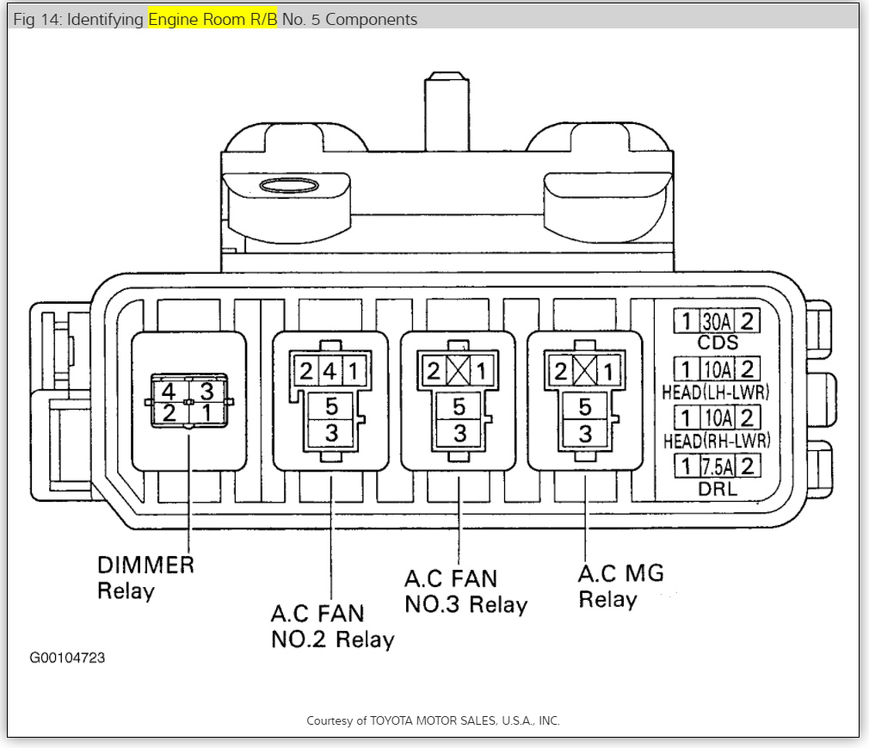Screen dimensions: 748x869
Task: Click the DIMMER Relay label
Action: point(145,578)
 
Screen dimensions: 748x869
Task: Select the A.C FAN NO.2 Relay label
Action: point(331,626)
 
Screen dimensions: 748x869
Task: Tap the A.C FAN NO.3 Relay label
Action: point(465,590)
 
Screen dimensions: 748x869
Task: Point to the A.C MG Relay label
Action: point(619,585)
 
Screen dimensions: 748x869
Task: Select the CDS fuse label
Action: point(718,343)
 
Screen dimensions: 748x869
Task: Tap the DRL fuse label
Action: point(718,489)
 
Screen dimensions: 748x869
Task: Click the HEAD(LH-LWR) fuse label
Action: point(716,392)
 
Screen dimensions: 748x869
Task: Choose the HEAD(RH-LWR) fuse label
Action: point(716,440)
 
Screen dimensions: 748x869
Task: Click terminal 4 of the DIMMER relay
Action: point(169,390)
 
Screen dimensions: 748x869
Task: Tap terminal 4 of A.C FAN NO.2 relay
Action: point(330,373)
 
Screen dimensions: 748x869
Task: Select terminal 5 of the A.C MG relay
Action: point(585,406)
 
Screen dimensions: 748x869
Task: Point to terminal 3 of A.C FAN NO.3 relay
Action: point(459,432)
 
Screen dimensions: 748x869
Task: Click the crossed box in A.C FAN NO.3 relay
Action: point(459,373)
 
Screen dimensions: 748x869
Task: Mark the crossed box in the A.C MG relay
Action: point(585,373)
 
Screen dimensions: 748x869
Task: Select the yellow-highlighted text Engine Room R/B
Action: point(213,19)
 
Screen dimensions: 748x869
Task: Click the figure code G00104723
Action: point(67,658)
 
